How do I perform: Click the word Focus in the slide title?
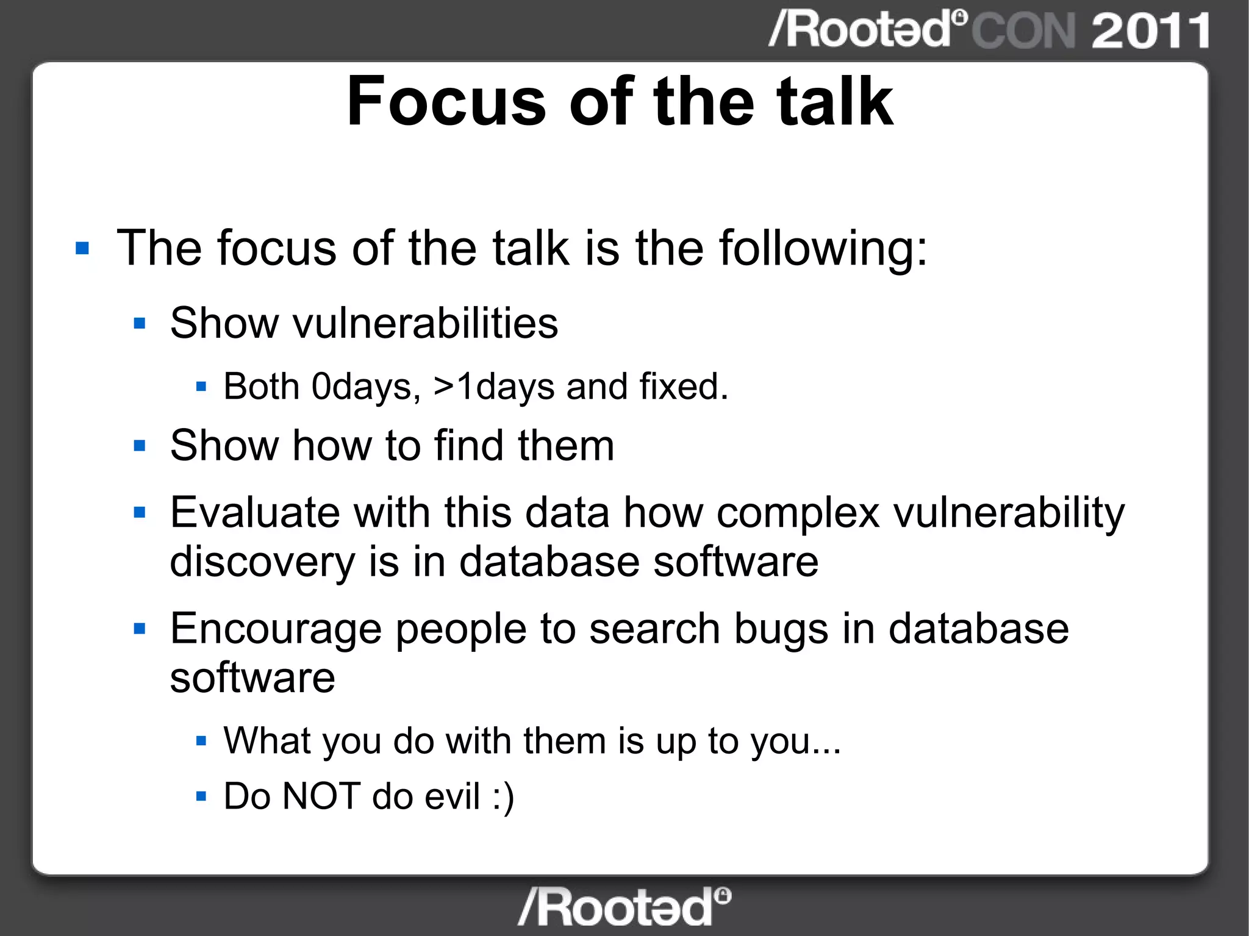tap(446, 102)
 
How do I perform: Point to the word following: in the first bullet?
tap(823, 248)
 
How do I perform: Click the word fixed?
tap(683, 387)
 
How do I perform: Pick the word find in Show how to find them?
tap(469, 445)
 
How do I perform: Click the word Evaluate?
tap(255, 512)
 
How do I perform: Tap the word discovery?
tap(262, 562)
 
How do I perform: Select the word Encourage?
tap(276, 629)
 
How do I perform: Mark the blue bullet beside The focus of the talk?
tap(82, 249)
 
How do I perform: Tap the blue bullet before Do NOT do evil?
tap(202, 796)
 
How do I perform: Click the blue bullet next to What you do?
tap(202, 741)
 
